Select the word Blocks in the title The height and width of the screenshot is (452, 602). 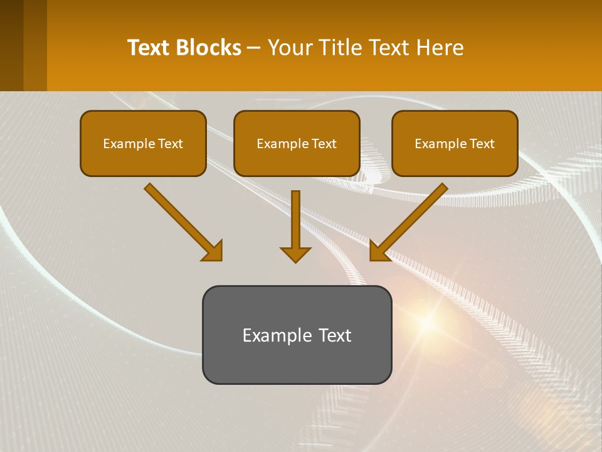pos(208,48)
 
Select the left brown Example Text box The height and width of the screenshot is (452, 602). pos(143,144)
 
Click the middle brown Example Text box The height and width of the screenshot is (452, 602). pos(297,144)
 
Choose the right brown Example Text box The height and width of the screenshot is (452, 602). pos(455,144)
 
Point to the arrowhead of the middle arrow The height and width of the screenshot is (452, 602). pos(295,254)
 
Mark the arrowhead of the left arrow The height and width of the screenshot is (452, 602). pos(213,251)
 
